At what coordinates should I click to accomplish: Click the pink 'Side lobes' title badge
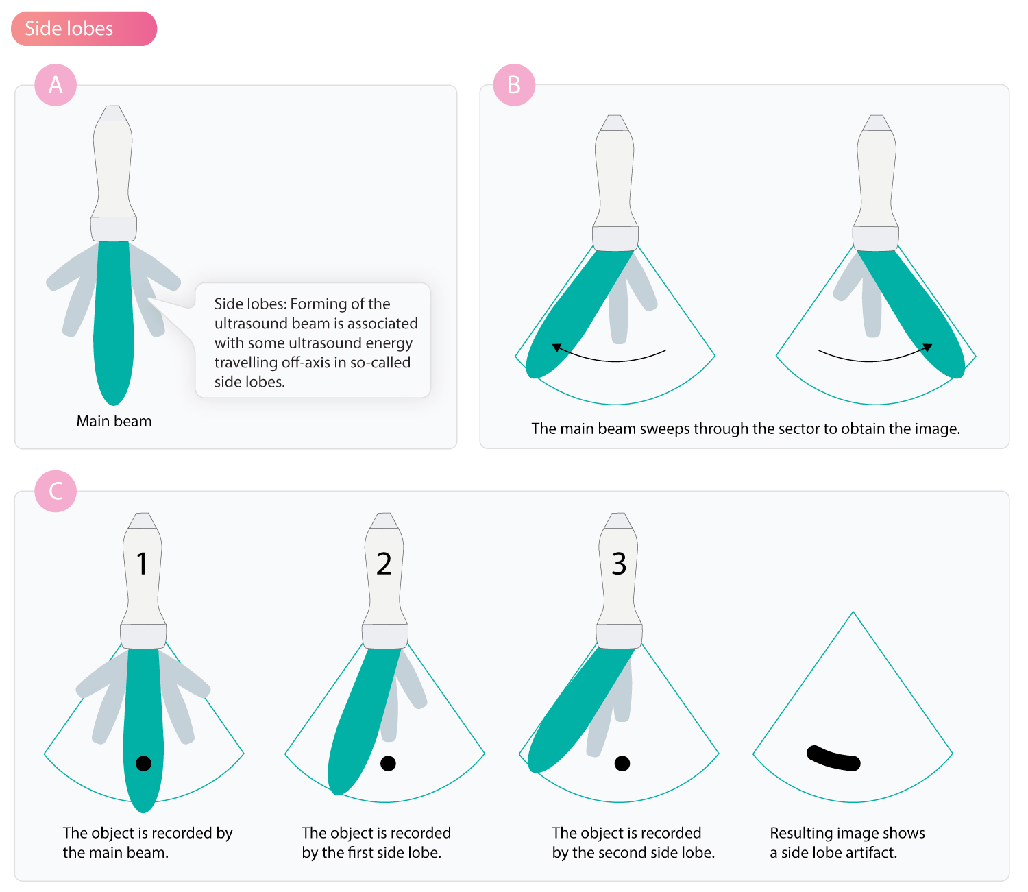84,29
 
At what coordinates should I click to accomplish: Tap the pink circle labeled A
56,85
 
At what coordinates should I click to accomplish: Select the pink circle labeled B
514,85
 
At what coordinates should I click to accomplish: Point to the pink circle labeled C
56,491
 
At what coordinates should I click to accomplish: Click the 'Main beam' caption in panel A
114,421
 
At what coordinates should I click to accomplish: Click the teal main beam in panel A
114,322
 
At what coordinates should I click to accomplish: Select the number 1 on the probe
142,564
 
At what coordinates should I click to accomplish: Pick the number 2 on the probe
384,564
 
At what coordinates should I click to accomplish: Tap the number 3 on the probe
619,564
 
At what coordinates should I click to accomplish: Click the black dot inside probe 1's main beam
143,763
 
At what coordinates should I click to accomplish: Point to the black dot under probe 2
388,763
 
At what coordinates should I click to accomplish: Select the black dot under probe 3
622,763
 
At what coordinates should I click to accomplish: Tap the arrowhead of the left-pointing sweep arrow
556,347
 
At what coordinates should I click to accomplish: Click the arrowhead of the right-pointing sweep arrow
927,347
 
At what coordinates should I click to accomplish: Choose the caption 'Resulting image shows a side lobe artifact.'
847,843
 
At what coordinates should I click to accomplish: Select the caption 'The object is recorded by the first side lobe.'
376,843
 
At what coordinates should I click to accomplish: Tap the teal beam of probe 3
578,714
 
